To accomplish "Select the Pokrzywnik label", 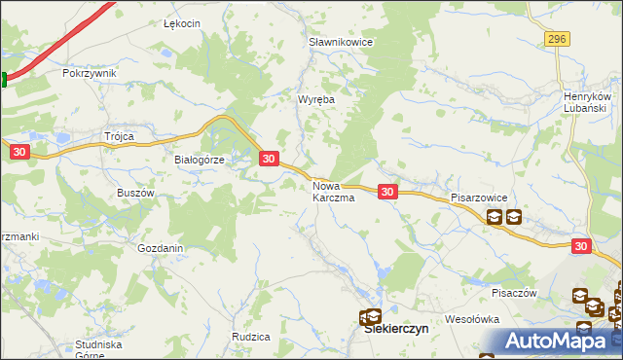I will coord(89,73).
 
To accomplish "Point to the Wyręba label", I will coord(316,99).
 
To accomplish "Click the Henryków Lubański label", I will coord(586,102).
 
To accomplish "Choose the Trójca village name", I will coord(119,136).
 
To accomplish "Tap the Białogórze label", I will coord(199,161).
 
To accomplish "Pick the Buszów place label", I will coord(136,193).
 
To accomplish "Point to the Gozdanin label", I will coord(161,248).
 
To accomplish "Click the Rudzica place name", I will coord(250,337).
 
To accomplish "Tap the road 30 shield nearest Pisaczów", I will coord(581,247).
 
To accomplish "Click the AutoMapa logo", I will coord(559,341).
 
